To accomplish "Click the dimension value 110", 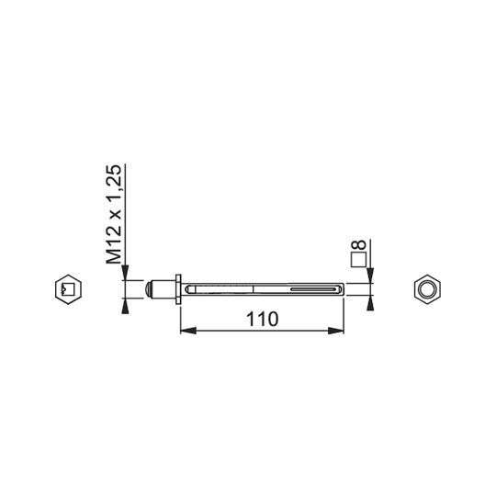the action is coord(262,319).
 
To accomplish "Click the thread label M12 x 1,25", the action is coord(114,214).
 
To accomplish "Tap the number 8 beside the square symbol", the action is coord(359,245).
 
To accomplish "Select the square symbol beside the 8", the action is coord(359,260).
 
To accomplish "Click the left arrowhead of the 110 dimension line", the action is coord(188,331).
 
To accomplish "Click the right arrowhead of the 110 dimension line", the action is coord(336,331).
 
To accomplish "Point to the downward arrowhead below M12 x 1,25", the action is coord(125,273).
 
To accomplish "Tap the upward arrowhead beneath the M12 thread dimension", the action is coord(125,306).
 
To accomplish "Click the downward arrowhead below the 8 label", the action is coord(370,276).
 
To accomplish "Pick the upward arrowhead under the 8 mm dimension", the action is coord(370,303).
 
